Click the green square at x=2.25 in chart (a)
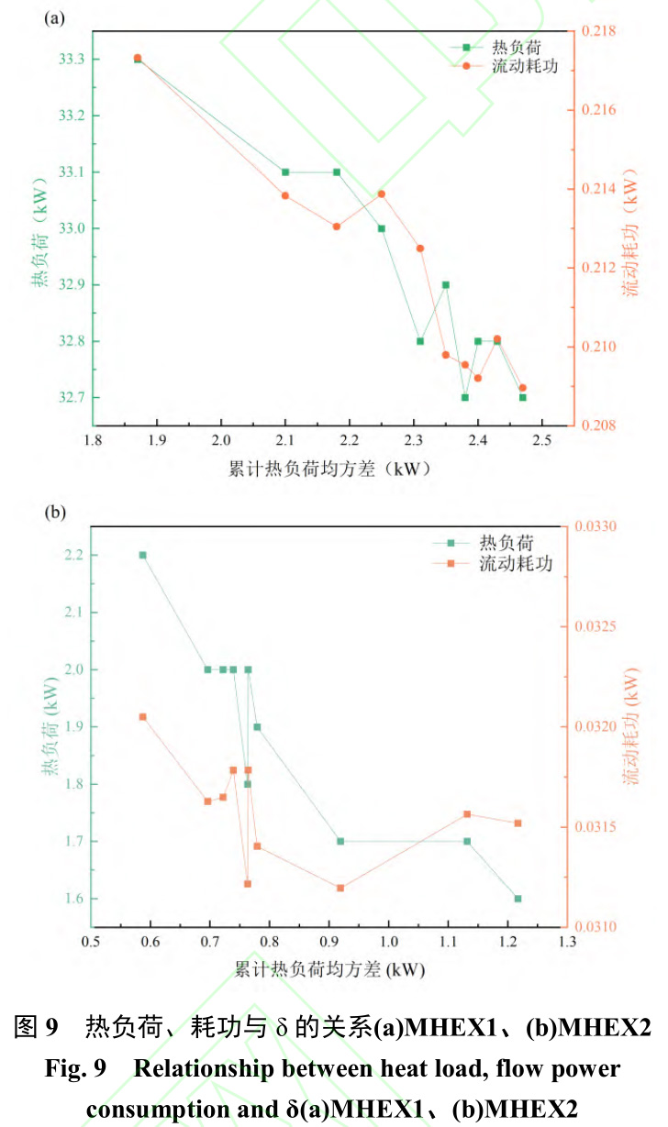pyautogui.click(x=381, y=228)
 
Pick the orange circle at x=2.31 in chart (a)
pyautogui.click(x=420, y=249)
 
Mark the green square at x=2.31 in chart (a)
pyautogui.click(x=420, y=341)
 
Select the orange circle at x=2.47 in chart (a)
pyautogui.click(x=523, y=388)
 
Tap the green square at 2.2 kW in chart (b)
pyautogui.click(x=142, y=555)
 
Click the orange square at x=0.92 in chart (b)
pyautogui.click(x=340, y=888)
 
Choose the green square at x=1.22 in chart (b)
pyautogui.click(x=518, y=899)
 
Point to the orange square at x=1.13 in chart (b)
pyautogui.click(x=467, y=814)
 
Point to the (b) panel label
pyautogui.click(x=55, y=514)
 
